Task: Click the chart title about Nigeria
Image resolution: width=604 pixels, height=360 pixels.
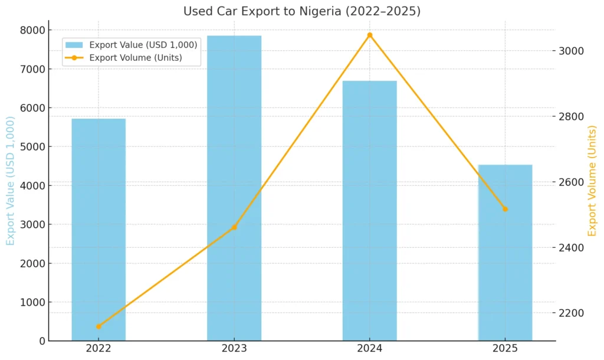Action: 301,11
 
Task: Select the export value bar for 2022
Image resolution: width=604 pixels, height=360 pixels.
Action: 99,230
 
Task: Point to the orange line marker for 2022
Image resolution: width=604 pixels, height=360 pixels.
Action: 99,326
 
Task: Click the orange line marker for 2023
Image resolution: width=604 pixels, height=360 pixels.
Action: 234,227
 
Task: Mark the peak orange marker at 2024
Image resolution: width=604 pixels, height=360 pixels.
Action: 370,35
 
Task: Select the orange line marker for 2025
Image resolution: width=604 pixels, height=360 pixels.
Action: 505,209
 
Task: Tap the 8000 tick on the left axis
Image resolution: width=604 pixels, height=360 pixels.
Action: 33,30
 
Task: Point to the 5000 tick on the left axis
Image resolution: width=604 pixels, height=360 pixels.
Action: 33,146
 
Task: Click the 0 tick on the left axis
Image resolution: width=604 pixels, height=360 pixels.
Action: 42,341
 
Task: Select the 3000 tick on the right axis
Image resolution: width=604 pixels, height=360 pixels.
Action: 572,51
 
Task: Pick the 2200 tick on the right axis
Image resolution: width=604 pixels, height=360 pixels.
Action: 572,313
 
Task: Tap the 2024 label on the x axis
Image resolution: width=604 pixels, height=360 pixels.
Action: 370,349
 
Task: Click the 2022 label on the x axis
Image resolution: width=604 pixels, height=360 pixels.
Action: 99,349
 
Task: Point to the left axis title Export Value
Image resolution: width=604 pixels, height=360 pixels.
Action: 11,181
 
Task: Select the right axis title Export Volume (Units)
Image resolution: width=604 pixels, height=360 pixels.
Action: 592,181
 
